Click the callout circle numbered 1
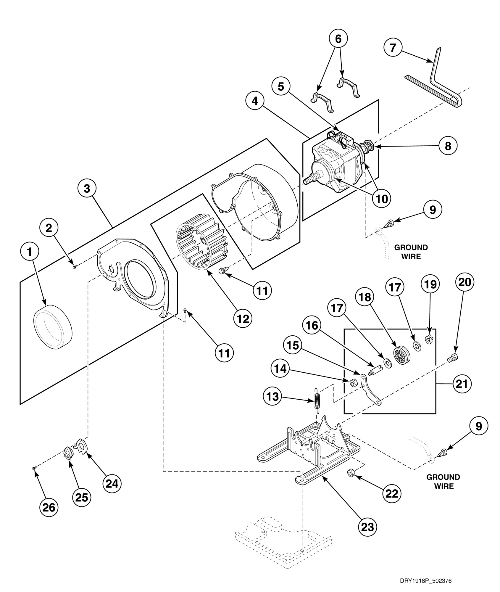pyautogui.click(x=29, y=252)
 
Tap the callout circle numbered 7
pyautogui.click(x=393, y=47)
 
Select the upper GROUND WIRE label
pyautogui.click(x=411, y=252)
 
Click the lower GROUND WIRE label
pyautogui.click(x=443, y=482)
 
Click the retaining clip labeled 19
pyautogui.click(x=429, y=340)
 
